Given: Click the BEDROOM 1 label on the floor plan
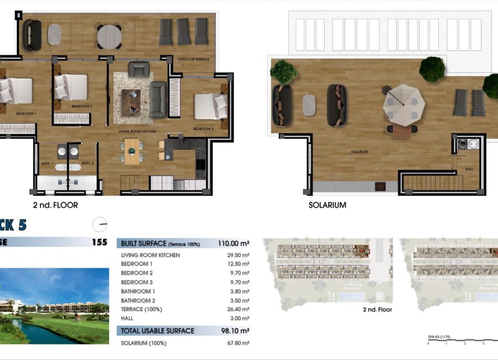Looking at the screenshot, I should point(26,113).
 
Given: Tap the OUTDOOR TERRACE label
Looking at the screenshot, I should point(193,59).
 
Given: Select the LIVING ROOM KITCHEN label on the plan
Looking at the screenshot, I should point(138,131).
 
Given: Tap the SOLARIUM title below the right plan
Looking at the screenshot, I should point(327,205).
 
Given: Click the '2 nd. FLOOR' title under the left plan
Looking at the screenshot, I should point(55,205).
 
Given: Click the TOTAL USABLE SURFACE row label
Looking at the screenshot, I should point(158,331).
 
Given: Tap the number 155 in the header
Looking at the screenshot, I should point(100,242).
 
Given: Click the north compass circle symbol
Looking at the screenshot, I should point(100,224).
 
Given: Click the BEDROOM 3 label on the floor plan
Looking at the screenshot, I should point(202,128).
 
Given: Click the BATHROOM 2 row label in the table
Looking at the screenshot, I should point(138,300).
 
